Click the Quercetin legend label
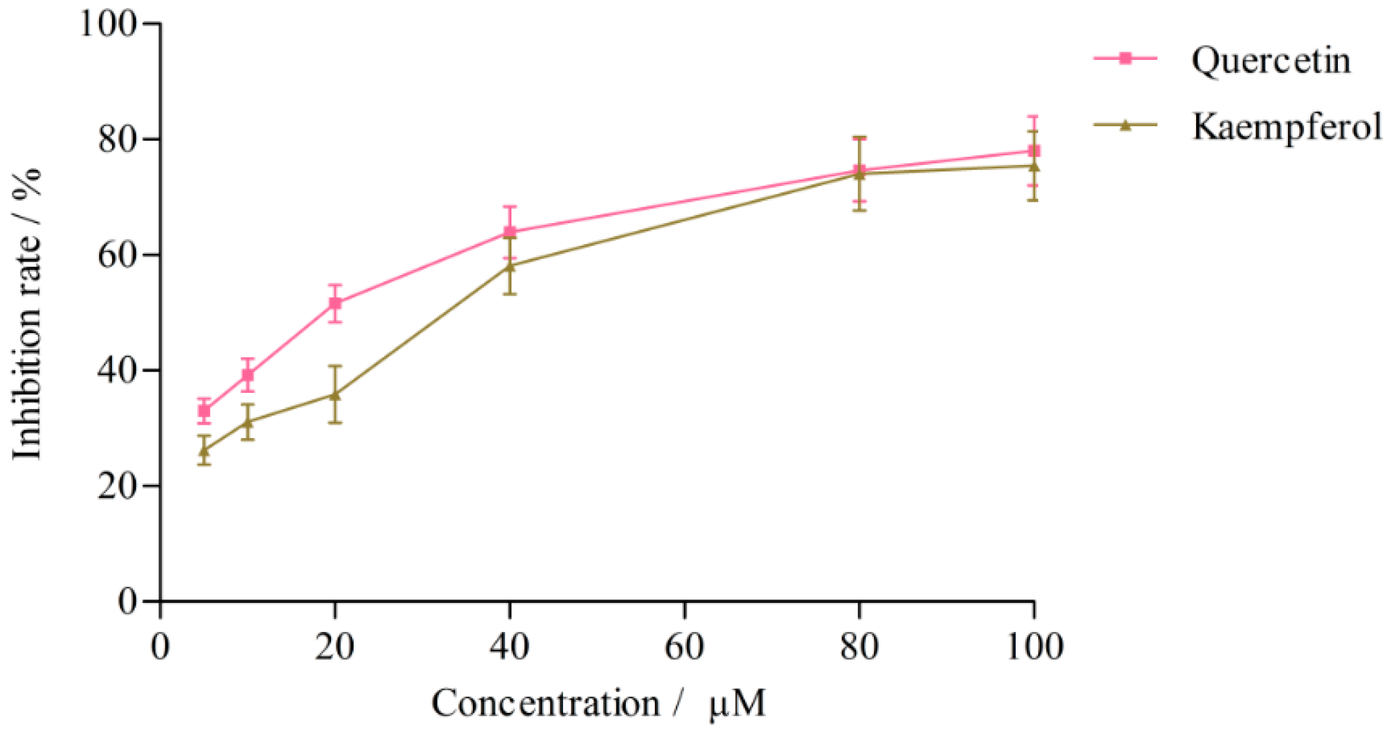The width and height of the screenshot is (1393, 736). pos(1271,61)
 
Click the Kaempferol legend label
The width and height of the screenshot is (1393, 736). pos(1287,126)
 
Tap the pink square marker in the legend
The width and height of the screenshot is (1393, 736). pos(1125,58)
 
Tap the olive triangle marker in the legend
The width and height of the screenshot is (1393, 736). pos(1125,125)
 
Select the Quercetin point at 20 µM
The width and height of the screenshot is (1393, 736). pos(335,303)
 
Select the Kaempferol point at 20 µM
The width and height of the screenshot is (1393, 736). pos(335,394)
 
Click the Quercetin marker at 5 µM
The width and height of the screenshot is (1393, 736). pos(204,411)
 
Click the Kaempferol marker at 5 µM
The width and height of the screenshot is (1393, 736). pos(204,451)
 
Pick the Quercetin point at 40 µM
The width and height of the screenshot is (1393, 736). pos(510,231)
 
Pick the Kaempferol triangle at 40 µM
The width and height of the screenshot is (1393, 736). pos(510,267)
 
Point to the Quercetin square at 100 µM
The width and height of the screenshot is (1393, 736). pos(1033,151)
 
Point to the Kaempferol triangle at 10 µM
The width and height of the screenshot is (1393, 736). pos(248,421)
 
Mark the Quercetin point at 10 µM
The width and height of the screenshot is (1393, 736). pos(248,375)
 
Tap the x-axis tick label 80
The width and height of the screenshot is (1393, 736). pos(859,646)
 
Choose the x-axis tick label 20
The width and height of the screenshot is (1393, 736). pos(335,646)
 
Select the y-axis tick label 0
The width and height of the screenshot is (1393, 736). pos(127,601)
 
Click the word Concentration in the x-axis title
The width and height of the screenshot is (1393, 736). pos(545,703)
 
